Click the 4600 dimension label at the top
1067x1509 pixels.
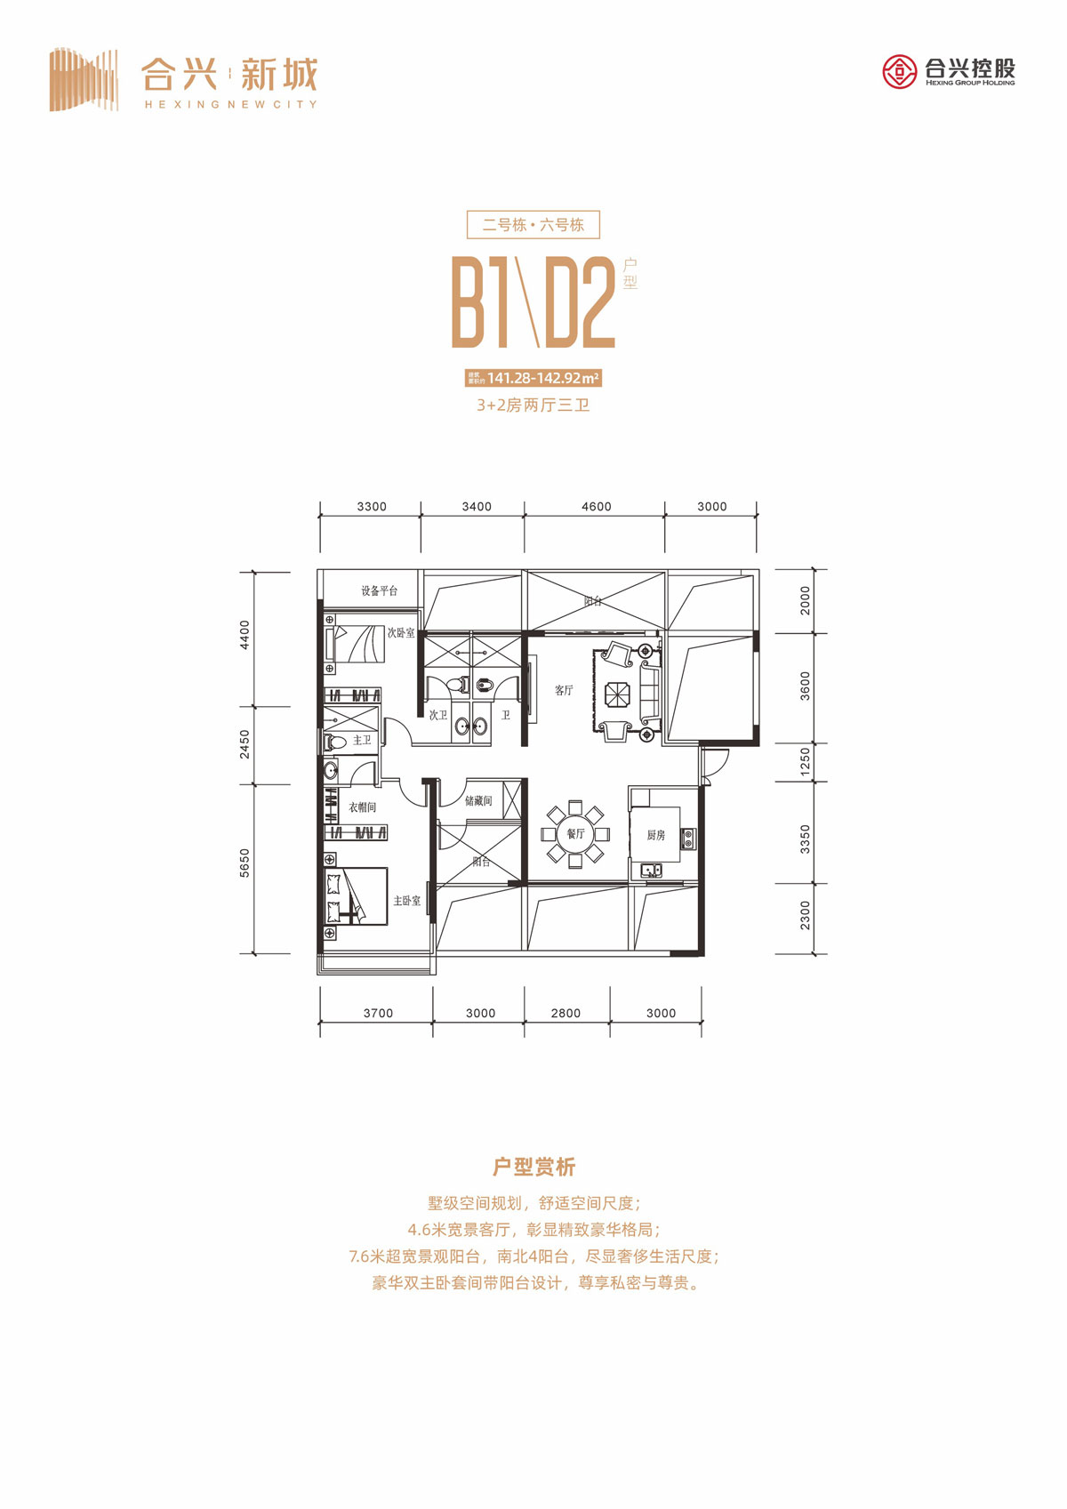tap(596, 507)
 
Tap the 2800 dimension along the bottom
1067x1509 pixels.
tap(566, 1013)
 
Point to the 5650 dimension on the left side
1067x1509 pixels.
tap(245, 863)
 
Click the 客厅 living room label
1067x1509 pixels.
tap(564, 690)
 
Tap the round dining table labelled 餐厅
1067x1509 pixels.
tap(575, 834)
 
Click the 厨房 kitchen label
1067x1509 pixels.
tap(656, 835)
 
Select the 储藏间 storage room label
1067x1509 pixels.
tap(478, 801)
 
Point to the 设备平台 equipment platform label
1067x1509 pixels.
tap(379, 590)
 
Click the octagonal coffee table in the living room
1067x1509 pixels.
tap(617, 694)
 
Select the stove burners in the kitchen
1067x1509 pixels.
tap(687, 838)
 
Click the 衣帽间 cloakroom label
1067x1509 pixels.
tap(362, 807)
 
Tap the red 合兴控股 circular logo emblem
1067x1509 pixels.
tap(899, 71)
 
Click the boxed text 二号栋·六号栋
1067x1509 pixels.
tap(533, 225)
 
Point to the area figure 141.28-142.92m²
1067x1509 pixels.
tap(542, 378)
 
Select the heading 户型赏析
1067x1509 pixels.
tap(533, 1167)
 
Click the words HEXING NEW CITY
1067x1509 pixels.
tap(230, 104)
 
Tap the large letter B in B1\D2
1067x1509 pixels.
tap(469, 302)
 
